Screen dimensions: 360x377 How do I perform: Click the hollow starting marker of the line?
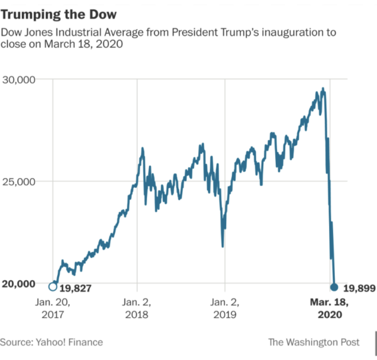52,287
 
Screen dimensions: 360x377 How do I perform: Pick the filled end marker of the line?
334,286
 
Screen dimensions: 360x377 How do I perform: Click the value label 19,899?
359,288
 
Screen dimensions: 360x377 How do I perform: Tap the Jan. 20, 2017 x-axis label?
52,307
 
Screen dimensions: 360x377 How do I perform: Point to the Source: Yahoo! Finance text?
52,342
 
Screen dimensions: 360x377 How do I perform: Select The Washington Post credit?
314,342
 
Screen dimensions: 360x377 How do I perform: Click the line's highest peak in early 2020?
323,89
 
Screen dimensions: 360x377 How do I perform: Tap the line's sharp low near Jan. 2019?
222,246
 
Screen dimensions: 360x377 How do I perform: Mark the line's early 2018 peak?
143,149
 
